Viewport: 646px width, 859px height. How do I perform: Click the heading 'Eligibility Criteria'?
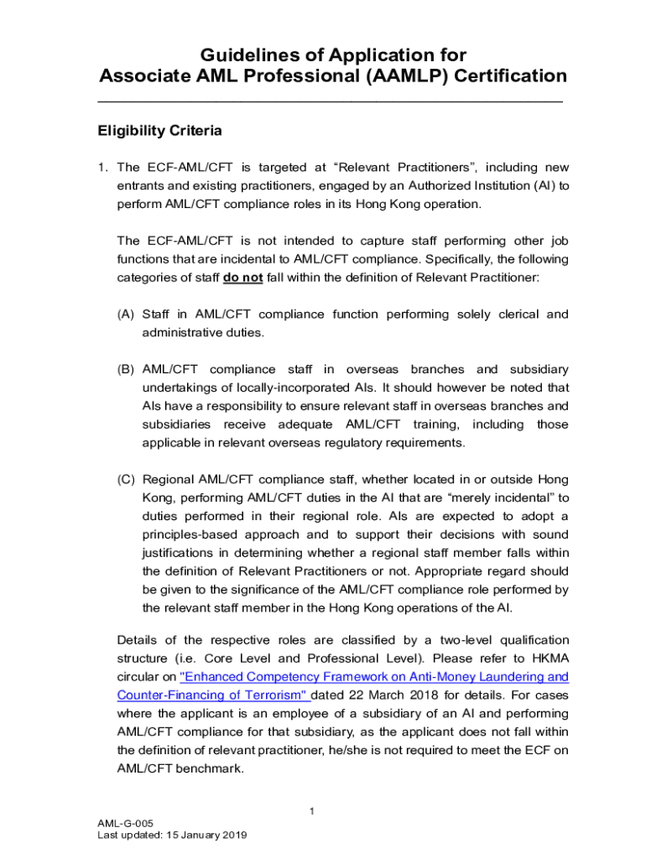pos(159,131)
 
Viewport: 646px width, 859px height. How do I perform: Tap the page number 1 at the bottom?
pos(311,810)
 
